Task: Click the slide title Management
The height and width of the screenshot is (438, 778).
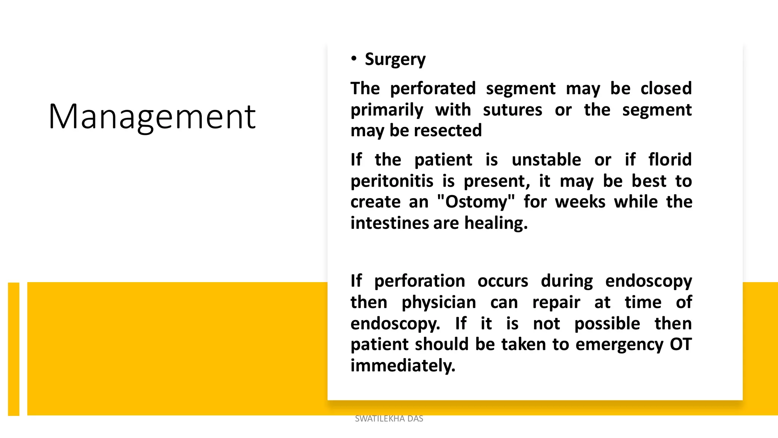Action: point(152,117)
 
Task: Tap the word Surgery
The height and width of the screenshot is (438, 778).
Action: point(395,60)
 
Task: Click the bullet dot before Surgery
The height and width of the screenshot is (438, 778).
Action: point(354,59)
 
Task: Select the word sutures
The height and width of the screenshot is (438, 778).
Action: point(512,110)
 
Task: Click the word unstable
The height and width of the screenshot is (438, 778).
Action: point(546,160)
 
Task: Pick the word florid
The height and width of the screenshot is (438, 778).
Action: point(670,160)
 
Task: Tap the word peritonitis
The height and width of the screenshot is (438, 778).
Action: point(392,181)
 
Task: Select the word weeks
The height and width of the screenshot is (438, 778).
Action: point(580,202)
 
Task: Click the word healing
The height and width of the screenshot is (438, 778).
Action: point(496,223)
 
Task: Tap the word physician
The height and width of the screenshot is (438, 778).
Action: point(439,303)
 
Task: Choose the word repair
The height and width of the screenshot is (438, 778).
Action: point(556,303)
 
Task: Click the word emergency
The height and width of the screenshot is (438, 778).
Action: point(619,344)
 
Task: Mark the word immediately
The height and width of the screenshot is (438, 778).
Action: point(403,366)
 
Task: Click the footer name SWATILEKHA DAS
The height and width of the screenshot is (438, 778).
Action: point(389,419)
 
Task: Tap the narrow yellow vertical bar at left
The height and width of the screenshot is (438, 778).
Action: point(14,349)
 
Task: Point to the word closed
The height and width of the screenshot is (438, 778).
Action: point(666,89)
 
